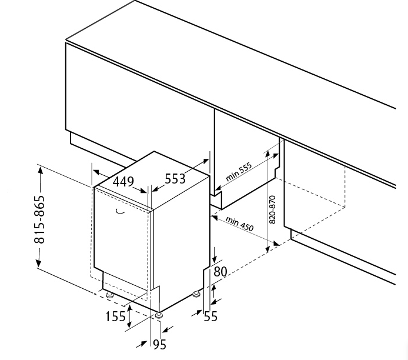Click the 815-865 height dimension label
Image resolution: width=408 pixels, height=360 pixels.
click(39, 219)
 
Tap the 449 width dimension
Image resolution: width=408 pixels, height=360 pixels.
click(123, 182)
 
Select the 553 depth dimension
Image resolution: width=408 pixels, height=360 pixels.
click(175, 179)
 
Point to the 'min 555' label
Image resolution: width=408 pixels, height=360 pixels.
click(239, 172)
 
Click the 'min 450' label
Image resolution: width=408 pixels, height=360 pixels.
click(239, 224)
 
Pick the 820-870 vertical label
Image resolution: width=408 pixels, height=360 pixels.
click(272, 209)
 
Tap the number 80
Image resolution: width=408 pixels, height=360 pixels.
click(220, 272)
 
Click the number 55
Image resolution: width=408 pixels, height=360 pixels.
click(210, 316)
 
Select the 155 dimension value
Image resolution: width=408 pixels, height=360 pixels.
click(115, 316)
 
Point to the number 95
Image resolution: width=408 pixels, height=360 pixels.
click(159, 345)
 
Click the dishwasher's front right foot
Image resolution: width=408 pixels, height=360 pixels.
click(159, 315)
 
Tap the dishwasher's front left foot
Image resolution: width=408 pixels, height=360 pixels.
click(109, 295)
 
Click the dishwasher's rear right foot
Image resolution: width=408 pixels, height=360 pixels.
click(196, 294)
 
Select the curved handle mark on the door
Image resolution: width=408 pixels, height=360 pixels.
click(120, 211)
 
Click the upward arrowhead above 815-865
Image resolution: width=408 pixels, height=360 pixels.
click(40, 170)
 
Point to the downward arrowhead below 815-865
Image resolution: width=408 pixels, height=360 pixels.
click(39, 263)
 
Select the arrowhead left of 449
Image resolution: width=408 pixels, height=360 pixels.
click(96, 172)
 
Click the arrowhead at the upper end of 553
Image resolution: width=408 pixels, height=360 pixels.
click(206, 161)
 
